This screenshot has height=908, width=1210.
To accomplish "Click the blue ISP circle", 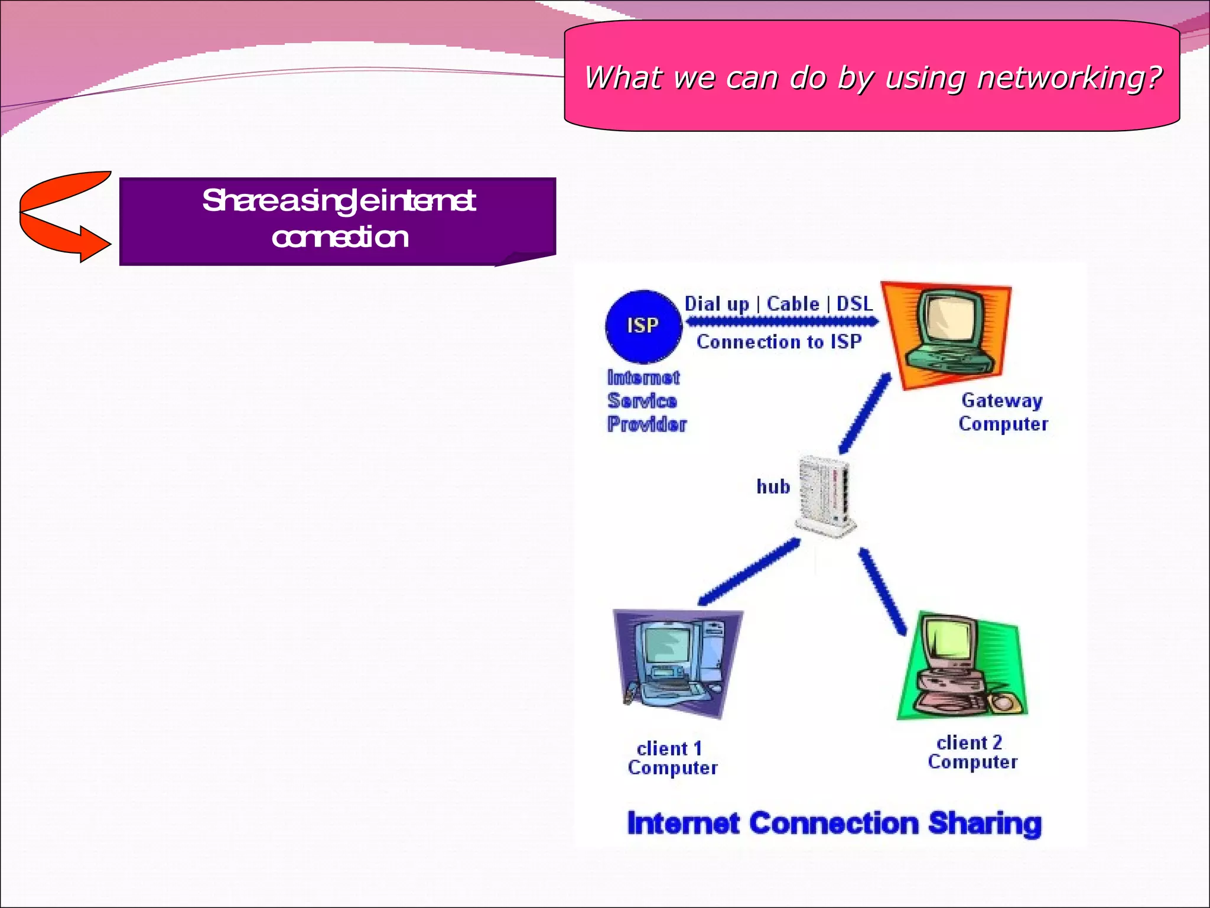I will click(643, 326).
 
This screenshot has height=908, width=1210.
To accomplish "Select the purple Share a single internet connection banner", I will click(337, 220).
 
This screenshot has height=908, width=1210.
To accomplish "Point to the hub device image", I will click(825, 495).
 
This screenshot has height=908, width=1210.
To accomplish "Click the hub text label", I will click(773, 487).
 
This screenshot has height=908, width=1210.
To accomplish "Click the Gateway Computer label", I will click(1003, 412).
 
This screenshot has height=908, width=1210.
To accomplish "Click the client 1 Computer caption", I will click(672, 758).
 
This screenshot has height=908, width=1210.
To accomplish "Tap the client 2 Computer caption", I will click(972, 752).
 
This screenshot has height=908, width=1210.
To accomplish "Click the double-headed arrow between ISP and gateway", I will click(782, 322).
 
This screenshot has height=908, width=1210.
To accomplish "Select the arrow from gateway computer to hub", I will click(864, 413).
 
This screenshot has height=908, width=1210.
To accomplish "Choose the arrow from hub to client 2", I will click(882, 592).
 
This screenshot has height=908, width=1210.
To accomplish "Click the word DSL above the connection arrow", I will click(854, 304).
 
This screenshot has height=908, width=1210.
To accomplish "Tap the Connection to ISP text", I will click(779, 342).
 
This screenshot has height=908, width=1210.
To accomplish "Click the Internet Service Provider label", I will click(646, 401).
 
